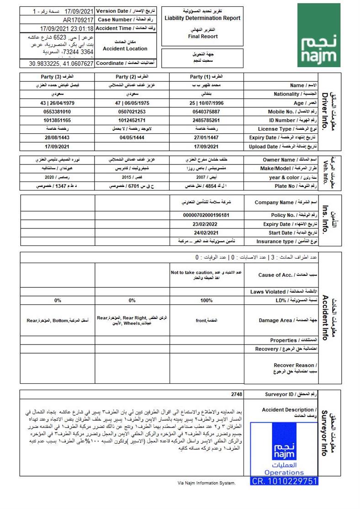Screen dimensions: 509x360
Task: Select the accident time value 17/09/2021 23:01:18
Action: (67, 29)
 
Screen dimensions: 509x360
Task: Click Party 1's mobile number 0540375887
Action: (207, 111)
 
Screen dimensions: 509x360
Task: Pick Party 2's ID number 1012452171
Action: (132, 120)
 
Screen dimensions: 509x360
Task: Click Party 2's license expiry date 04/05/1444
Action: (132, 138)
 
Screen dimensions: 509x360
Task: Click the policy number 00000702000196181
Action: (206, 215)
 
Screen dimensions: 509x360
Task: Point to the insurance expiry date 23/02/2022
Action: (206, 224)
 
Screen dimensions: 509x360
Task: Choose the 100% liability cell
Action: (206, 301)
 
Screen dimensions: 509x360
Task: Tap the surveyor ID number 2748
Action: (237, 394)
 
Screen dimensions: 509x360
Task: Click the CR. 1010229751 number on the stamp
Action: (284, 481)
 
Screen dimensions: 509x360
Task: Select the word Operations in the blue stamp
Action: (284, 472)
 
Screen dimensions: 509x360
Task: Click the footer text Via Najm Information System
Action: (206, 482)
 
